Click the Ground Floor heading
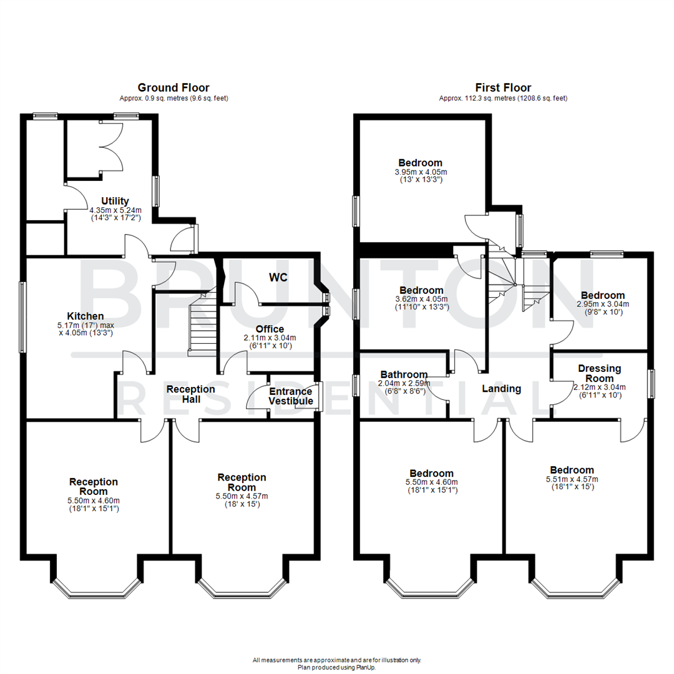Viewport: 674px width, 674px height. point(173,87)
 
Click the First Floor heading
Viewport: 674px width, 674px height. point(503,87)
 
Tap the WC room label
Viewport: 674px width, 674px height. point(278,277)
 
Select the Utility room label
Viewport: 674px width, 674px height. point(115,201)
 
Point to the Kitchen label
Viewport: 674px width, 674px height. point(86,316)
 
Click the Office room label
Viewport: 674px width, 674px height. point(270,329)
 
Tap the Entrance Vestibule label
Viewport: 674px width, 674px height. point(290,396)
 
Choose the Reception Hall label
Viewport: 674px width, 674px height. point(190,395)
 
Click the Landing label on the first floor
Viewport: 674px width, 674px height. point(502,389)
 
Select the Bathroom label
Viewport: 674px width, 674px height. point(404,374)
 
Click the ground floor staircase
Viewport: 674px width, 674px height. point(202,325)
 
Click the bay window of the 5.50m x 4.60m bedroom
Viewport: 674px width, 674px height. point(429,587)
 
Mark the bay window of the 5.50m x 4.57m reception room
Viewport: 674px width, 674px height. point(242,587)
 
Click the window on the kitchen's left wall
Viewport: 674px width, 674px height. point(22,317)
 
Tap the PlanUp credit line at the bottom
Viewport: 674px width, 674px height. point(337,667)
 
